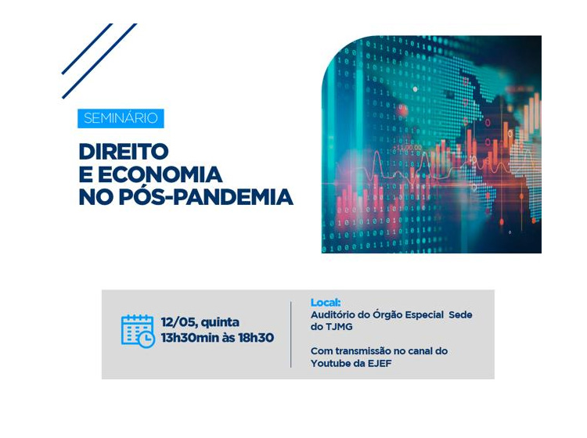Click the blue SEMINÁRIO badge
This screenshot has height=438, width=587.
(x=121, y=119)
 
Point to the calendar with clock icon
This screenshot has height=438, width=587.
(x=138, y=331)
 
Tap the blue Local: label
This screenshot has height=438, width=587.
(x=326, y=303)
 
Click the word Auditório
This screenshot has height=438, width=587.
(x=334, y=314)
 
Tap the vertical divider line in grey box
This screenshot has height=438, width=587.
(x=291, y=334)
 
